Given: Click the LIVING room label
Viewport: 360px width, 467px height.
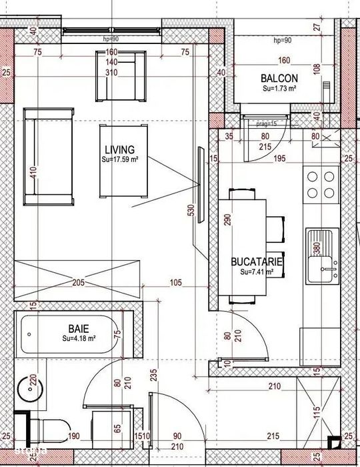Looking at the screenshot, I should [120, 149].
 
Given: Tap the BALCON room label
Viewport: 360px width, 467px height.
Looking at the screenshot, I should [279, 78].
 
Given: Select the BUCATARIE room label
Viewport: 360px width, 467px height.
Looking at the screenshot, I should [257, 263].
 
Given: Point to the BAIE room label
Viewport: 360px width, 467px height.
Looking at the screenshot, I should [79, 328].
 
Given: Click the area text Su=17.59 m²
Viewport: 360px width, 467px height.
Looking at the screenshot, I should [120, 159].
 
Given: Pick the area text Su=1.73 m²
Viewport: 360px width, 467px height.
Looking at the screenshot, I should [279, 88].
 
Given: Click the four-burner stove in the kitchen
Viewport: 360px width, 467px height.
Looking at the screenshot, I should [321, 185].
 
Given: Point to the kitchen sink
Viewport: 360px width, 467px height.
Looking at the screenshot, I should [323, 257].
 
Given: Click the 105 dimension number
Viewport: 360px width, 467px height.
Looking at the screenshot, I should [175, 284].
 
